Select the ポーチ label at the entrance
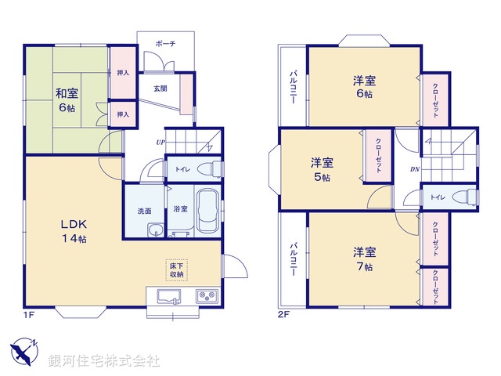click(x=165, y=45)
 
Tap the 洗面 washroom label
click(x=144, y=211)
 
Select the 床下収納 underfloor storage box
click(x=175, y=269)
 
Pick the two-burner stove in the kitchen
click(x=207, y=297)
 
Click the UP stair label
click(x=161, y=142)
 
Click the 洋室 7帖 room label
click(x=365, y=259)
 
